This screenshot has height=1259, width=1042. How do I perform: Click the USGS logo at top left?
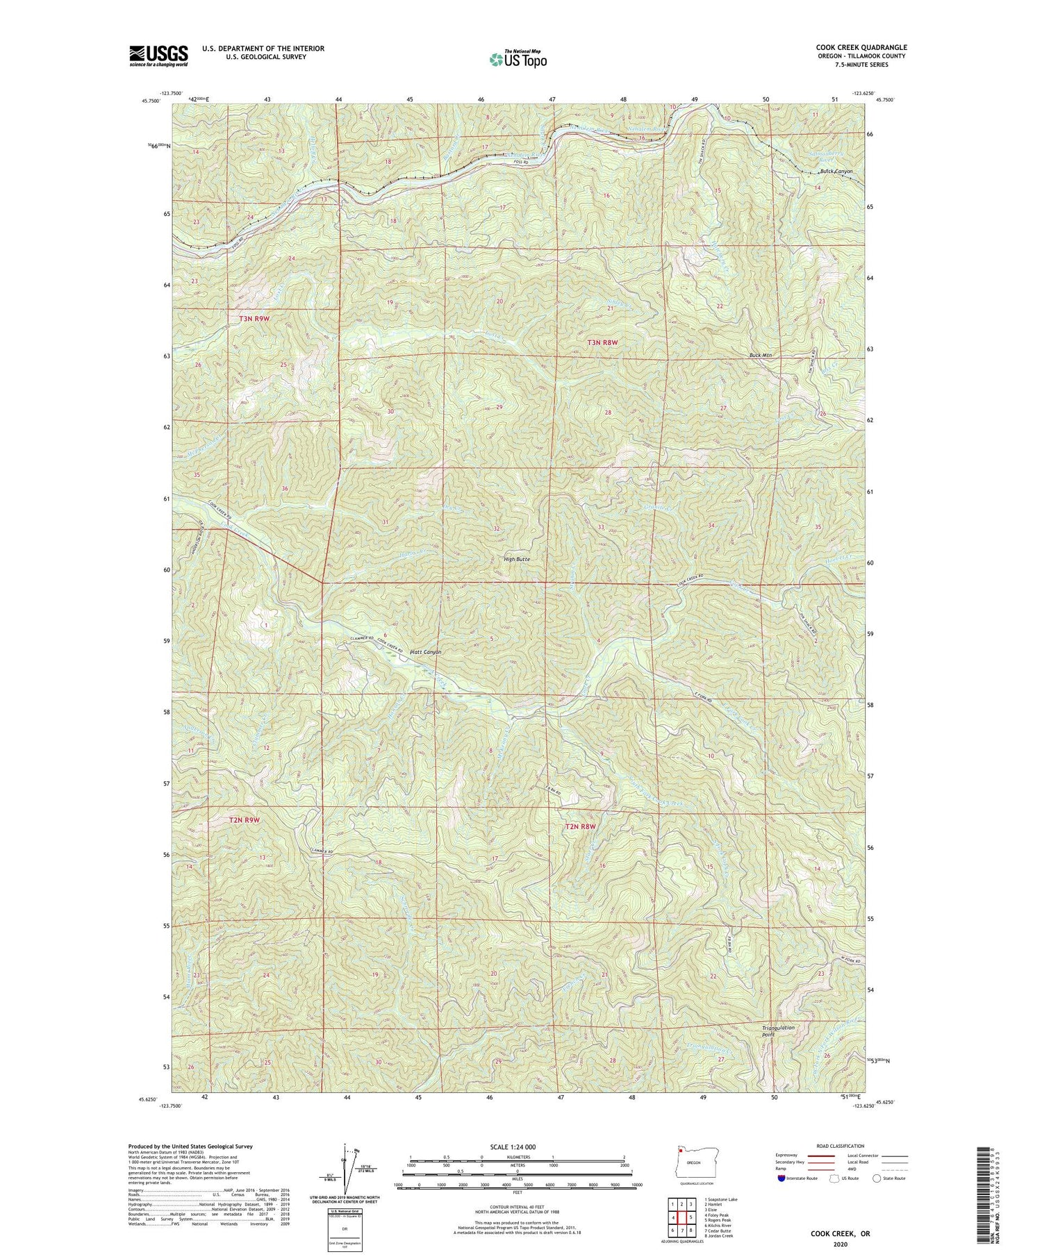(158, 56)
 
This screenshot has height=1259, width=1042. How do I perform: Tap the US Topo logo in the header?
(518, 60)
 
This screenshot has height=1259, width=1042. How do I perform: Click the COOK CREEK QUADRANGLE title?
(861, 47)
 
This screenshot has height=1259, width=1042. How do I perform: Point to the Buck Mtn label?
(761, 356)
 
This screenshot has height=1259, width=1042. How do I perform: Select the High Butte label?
(518, 558)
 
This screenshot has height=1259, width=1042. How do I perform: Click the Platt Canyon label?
(426, 652)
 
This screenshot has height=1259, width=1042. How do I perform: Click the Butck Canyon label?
(836, 172)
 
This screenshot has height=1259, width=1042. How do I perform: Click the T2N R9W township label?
(245, 819)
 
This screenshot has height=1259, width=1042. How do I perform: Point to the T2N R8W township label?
(581, 826)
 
